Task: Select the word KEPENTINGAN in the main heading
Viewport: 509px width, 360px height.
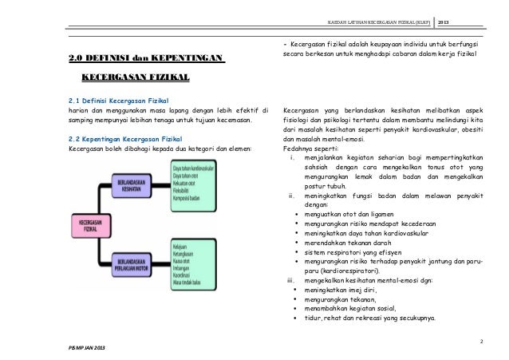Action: [x=191, y=57]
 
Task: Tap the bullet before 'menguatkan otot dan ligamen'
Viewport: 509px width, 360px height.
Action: [x=297, y=214]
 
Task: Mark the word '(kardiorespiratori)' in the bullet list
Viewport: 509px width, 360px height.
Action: [x=333, y=271]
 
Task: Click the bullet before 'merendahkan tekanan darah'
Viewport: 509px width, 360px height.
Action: [x=297, y=243]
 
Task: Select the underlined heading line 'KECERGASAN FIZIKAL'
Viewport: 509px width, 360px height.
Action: [x=136, y=78]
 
